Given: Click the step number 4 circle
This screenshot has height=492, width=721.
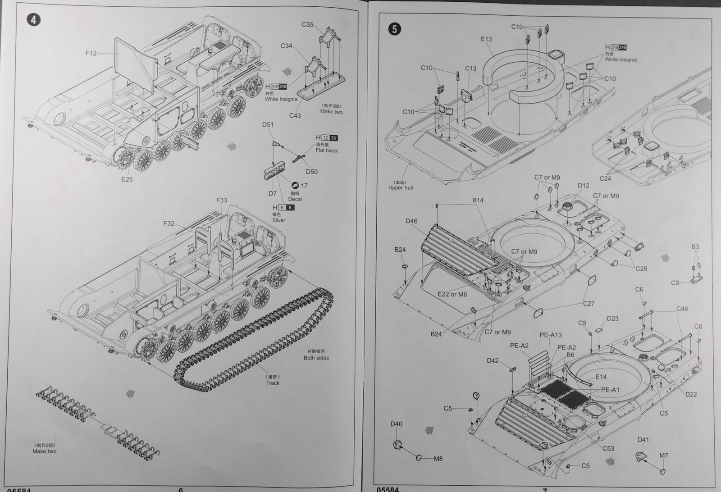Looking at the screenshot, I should click(34, 20).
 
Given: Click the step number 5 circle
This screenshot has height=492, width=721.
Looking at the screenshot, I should click(394, 29).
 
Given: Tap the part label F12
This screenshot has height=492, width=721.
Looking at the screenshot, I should click(91, 53).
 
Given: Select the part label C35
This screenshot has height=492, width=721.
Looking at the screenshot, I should click(307, 24).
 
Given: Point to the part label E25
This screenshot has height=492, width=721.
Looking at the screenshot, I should click(127, 179).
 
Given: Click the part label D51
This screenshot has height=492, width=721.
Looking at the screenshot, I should click(268, 125).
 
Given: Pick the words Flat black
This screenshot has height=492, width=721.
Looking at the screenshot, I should click(327, 150).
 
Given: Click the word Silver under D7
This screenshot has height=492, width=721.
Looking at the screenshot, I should click(278, 220).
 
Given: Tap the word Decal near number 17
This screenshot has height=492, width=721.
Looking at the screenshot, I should click(295, 199).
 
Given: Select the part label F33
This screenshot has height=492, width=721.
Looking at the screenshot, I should click(222, 200).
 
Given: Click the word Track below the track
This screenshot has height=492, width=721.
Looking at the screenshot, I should click(273, 383).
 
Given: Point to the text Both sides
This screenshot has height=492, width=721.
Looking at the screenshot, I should click(316, 358).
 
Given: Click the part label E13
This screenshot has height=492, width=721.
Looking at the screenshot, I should click(486, 39).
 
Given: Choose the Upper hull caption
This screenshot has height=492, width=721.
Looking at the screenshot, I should click(401, 187).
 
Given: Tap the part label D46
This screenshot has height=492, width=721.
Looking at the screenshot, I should click(411, 221).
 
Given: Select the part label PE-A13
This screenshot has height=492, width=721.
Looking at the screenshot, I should click(551, 335).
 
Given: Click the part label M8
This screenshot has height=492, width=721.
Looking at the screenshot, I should click(438, 459).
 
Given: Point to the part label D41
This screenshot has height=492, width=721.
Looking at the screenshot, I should click(643, 440).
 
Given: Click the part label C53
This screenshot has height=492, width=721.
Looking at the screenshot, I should click(608, 448).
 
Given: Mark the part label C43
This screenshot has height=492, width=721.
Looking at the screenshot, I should click(295, 116).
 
